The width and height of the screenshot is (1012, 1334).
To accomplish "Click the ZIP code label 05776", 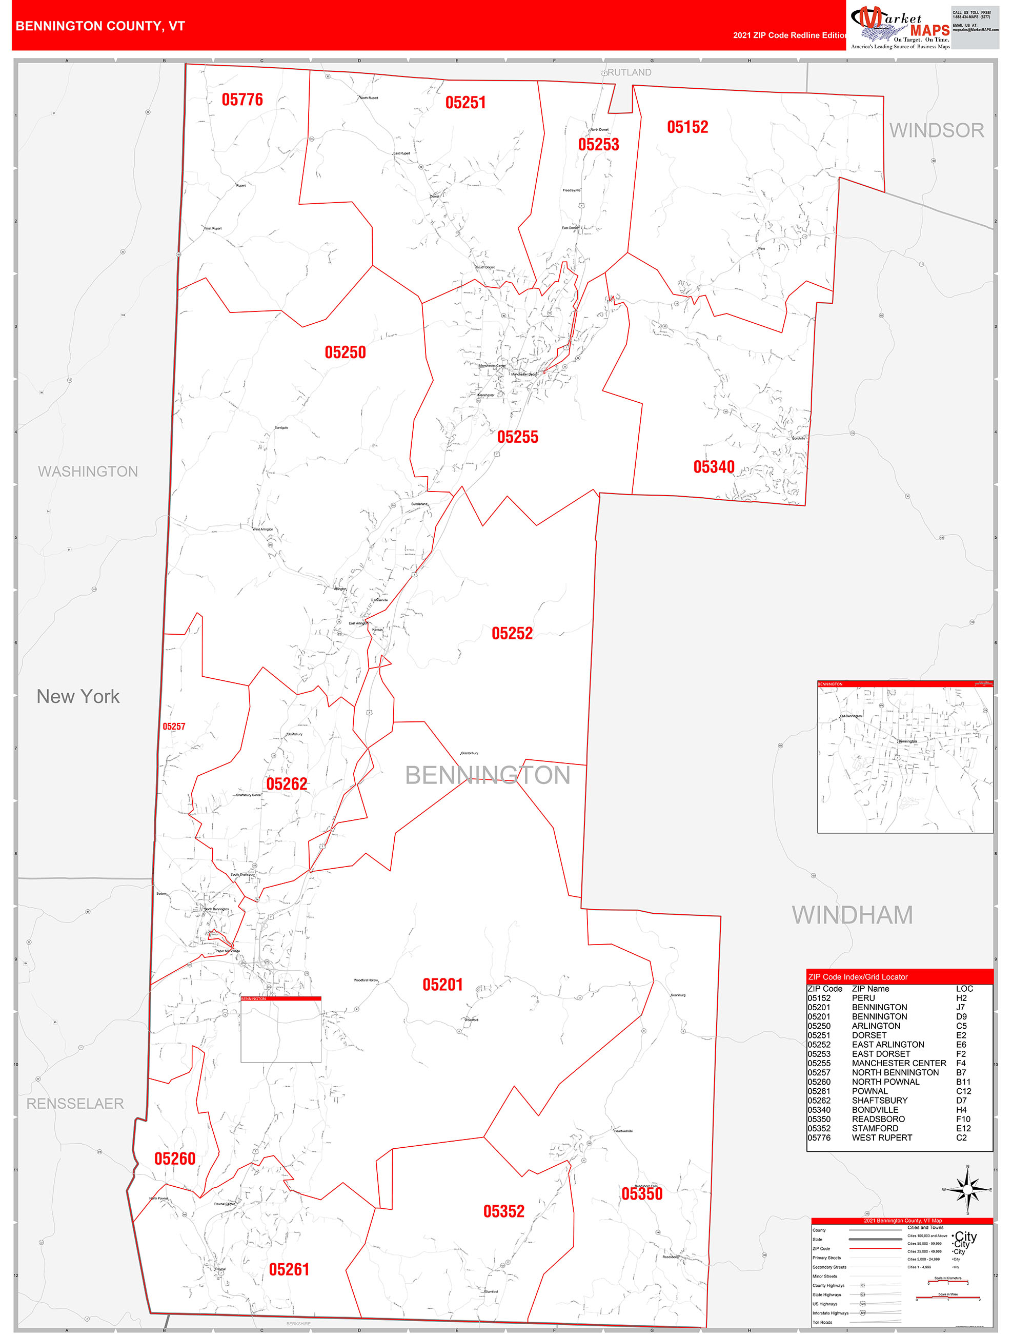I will [x=242, y=100].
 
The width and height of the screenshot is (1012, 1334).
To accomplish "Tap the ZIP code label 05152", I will [x=687, y=127].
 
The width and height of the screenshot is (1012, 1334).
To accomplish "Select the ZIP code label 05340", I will [x=714, y=467].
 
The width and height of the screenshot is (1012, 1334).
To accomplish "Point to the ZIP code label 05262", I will [x=287, y=784].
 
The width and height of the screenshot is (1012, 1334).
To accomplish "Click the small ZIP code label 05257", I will [x=174, y=727].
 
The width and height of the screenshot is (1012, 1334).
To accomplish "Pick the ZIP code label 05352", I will [x=503, y=1211].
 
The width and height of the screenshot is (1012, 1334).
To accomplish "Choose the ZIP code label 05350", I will [x=642, y=1193].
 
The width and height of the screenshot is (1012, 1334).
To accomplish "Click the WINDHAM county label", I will [x=852, y=915].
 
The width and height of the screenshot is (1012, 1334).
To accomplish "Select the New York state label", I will [x=78, y=697].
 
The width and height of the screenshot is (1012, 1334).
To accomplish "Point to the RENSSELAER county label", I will [x=75, y=1104].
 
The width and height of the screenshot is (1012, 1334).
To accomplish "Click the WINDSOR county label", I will [x=936, y=130].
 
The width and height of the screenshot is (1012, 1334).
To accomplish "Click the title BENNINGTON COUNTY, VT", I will [x=100, y=26].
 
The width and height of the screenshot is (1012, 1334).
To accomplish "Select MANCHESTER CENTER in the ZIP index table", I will [x=899, y=1063].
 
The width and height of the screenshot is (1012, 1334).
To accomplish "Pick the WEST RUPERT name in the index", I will [x=882, y=1137].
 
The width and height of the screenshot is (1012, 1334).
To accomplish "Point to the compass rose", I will [x=967, y=1189].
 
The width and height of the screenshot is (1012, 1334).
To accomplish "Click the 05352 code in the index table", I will [x=819, y=1128].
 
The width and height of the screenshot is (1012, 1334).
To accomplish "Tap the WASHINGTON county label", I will [x=88, y=472].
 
